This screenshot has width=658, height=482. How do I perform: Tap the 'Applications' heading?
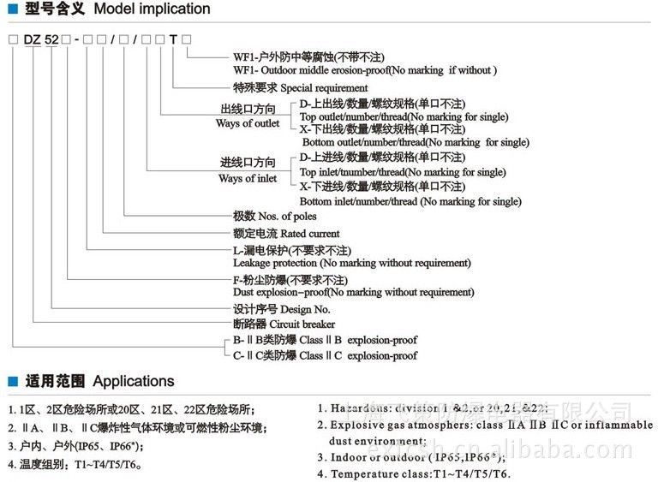pyautogui.click(x=133, y=381)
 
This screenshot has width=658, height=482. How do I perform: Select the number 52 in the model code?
pyautogui.click(x=51, y=39)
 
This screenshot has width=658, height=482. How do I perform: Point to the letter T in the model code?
pyautogui.click(x=174, y=39)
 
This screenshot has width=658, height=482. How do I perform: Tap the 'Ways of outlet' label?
pyautogui.click(x=248, y=123)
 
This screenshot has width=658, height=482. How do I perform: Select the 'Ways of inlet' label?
pyautogui.click(x=248, y=178)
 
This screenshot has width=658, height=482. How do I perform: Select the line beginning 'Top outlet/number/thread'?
pyautogui.click(x=403, y=116)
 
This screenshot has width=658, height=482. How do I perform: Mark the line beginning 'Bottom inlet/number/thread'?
pyautogui.click(x=410, y=201)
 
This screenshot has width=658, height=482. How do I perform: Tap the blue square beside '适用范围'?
pyautogui.click(x=12, y=382)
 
